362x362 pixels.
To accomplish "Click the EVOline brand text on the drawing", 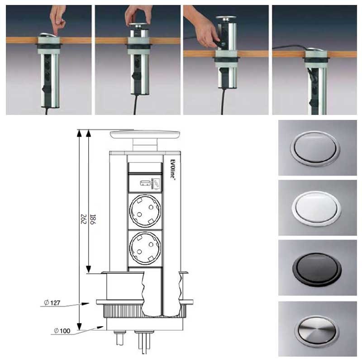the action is tap(173, 169).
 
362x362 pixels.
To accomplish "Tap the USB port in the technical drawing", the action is tap(145, 183).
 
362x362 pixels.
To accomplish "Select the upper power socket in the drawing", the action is tap(145, 211).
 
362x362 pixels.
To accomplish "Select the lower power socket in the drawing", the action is tap(145, 248).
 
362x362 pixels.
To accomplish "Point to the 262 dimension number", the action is tap(83, 219).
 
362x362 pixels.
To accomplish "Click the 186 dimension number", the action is tap(93, 219).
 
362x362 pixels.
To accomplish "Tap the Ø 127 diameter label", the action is tap(52, 303).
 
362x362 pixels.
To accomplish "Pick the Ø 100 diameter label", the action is tap(62, 331).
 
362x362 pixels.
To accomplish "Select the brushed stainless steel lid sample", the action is tap(317, 329).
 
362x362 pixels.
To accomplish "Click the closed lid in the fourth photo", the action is tap(315, 50).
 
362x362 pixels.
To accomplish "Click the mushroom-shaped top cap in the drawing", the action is tap(145, 135).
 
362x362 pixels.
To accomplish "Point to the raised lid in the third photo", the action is tap(226, 18).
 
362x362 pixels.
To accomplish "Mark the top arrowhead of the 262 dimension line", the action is tap(79, 133).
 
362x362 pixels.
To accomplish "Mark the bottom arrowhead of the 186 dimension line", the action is tap(88, 269).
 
